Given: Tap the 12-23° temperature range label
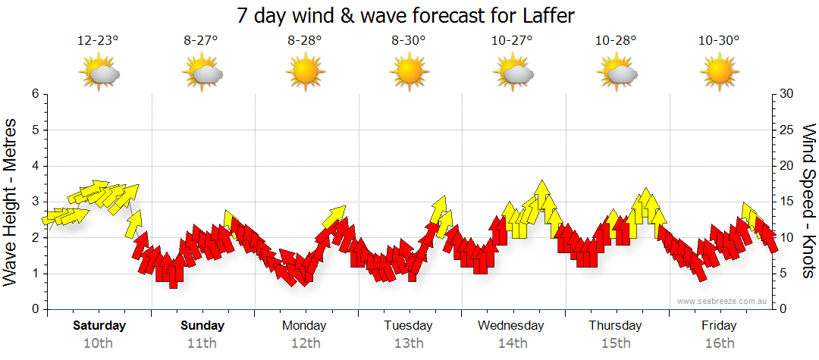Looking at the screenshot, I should (98, 41).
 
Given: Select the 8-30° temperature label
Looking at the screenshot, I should (409, 41).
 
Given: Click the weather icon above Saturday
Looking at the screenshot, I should (99, 73).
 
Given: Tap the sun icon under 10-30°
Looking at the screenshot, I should (719, 73).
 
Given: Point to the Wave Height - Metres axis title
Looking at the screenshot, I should (11, 202).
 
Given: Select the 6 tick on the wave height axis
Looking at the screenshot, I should (34, 94).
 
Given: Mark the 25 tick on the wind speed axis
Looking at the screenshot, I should (788, 130).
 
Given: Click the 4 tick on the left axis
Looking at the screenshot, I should (34, 166).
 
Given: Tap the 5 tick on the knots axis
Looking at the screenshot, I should (785, 274).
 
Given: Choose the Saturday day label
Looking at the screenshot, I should (99, 326).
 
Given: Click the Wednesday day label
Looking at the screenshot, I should (511, 326).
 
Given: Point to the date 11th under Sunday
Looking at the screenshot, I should (202, 343).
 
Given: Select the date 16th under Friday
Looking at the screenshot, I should (719, 343).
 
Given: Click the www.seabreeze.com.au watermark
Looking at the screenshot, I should (723, 302).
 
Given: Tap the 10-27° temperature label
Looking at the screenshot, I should (513, 41).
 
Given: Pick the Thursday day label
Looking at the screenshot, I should (615, 326).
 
